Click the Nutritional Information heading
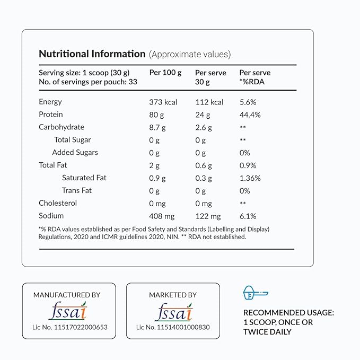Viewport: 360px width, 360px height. tap(92, 54)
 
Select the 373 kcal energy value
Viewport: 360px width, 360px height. tap(163, 102)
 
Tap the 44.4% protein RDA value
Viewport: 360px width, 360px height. tap(250, 115)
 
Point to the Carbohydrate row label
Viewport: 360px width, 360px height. tap(62, 127)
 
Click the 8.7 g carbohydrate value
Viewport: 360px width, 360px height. tap(157, 127)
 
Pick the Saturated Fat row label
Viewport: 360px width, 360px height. tap(84, 178)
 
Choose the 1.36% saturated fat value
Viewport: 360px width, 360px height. tap(250, 178)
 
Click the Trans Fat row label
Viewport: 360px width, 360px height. tap(77, 190)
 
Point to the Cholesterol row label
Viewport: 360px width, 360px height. tap(58, 203)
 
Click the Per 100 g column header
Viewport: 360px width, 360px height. tap(165, 73)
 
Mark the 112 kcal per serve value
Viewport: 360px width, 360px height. tap(209, 102)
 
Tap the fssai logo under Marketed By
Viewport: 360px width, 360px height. tap(173, 311)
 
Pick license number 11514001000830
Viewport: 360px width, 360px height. tap(173, 327)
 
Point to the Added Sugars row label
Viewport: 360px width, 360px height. tap(75, 152)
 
